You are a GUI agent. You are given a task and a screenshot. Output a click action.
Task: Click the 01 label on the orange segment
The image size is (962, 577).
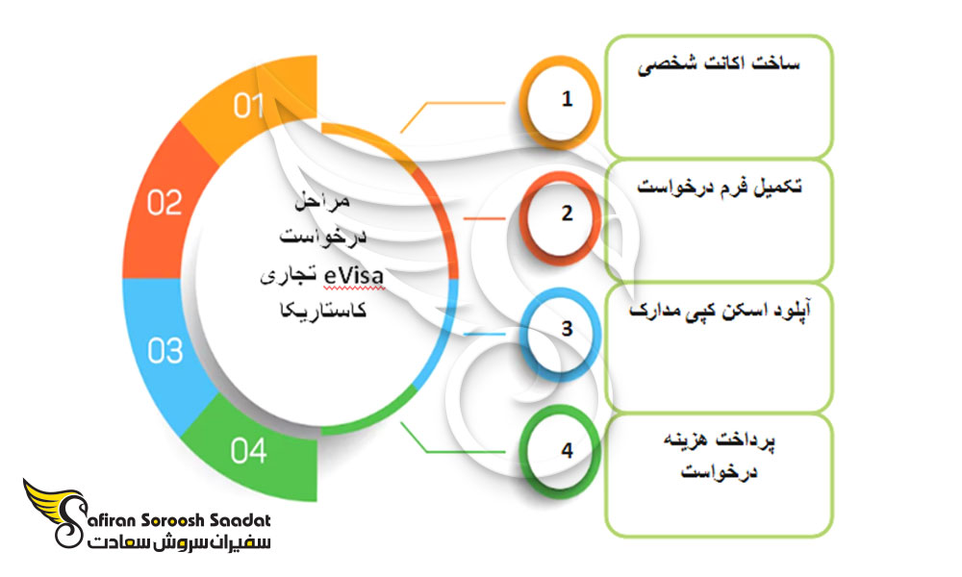coord(248,106)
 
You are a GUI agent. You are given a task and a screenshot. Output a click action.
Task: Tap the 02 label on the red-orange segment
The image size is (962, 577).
coord(165,202)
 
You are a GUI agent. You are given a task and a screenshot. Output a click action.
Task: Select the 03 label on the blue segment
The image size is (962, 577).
coord(165,351)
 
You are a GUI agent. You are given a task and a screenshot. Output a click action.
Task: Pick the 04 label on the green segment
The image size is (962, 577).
coord(248,451)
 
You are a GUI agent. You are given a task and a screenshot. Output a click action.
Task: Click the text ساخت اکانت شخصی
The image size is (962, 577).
coord(719,64)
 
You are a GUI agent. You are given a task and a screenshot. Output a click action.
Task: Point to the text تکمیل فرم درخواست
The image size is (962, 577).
coord(719,187)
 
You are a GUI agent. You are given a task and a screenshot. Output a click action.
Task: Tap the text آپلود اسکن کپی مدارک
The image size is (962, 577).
coord(720,310)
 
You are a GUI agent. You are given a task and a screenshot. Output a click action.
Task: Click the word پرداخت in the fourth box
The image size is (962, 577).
coord(748,440)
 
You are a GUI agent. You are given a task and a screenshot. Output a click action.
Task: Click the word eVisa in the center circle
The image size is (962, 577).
coord(354,275)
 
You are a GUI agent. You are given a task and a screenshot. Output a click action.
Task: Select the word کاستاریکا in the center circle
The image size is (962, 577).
coord(322,311)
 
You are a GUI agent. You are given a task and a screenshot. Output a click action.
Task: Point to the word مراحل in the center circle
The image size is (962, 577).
coord(322,201)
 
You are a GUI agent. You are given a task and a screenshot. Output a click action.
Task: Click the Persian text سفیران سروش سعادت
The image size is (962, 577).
coord(179,542)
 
